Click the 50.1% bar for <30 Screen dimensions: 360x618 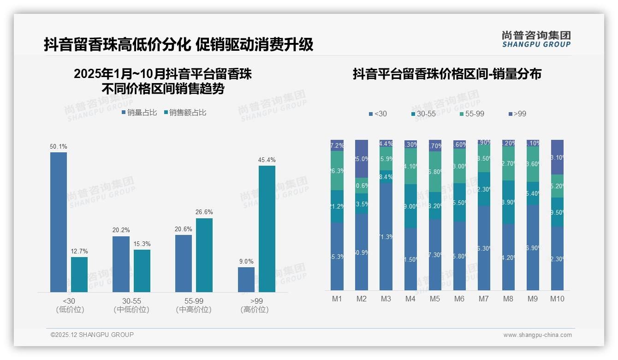pos(59,222)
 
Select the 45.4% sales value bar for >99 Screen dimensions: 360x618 pos(267,228)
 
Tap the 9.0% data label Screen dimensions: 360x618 pos(246,261)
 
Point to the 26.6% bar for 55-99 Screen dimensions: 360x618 pos(204,255)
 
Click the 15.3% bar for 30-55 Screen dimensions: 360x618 pos(142,270)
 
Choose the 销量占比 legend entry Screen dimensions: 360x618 pos(139,112)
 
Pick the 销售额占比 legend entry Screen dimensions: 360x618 pos(185,112)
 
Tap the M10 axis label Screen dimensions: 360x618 pos(557,299)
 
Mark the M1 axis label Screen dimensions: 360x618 pos(337,299)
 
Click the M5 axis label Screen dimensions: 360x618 pos(435,299)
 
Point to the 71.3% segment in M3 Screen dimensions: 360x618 pos(386,236)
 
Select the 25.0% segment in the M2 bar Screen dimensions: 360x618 pos(362,159)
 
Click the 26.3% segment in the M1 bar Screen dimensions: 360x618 pos(337,170)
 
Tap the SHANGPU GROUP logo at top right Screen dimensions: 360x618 pos(536,39)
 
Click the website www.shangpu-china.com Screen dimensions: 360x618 pos(537,335)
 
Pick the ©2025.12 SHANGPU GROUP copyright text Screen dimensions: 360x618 pos(92,335)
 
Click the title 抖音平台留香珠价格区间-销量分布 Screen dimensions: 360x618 pos(447,74)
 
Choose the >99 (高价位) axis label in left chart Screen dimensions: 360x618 pos(255,305)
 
